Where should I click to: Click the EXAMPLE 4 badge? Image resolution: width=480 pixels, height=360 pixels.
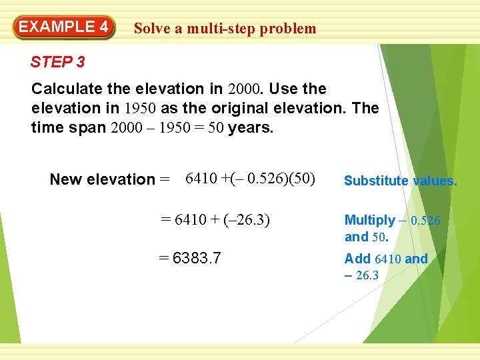[x=63, y=27]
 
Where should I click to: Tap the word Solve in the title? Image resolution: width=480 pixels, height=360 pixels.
[x=150, y=29]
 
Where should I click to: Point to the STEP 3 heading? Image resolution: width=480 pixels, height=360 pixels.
[x=58, y=63]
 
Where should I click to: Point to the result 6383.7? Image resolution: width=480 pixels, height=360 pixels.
[x=191, y=258]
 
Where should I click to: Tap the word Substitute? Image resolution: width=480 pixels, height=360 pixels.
[x=375, y=181]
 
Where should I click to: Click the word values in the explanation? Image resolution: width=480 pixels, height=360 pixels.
[x=435, y=181]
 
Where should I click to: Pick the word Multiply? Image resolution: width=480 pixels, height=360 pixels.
[x=369, y=221]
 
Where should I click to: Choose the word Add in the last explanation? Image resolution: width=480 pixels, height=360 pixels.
[x=358, y=259]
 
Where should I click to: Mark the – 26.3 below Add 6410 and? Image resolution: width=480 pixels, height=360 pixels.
[x=361, y=275]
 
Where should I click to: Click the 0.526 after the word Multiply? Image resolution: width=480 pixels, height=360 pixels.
[x=425, y=221]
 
